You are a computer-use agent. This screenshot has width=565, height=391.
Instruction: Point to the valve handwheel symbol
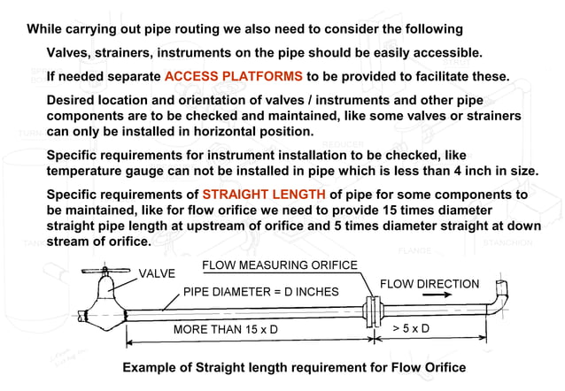click(104, 266)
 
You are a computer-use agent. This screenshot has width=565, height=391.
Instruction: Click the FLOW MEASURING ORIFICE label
click(279, 265)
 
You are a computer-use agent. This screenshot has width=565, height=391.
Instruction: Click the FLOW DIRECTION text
click(430, 284)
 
